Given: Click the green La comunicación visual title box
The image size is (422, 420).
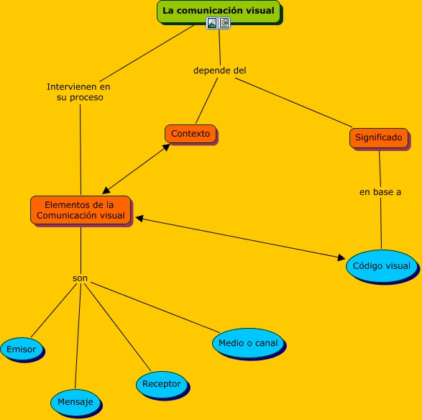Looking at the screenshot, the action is tap(219, 12).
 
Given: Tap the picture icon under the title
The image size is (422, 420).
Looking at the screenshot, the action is tap(212, 23).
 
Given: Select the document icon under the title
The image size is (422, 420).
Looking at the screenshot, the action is tap(224, 23).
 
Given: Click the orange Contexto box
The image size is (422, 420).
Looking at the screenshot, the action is tap(191, 134).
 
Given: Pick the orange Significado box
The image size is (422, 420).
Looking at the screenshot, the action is tap(379, 137).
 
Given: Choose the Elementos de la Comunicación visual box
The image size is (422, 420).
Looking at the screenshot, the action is tap(81, 210).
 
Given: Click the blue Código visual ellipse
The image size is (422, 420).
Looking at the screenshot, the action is tap(381, 266).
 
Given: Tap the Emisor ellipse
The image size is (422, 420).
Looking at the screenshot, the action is tap(22, 349).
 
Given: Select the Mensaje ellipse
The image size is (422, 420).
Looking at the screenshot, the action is tap(75, 402).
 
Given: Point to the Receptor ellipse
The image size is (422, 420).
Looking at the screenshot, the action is tap(162, 384).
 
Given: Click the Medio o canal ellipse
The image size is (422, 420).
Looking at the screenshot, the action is tap(248, 343).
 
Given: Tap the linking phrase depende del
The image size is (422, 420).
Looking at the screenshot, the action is tap(219, 70).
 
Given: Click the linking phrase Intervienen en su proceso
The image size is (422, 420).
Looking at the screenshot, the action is tap(79, 92).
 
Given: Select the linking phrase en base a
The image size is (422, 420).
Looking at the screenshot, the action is tap(380, 192).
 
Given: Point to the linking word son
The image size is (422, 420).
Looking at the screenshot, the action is tap(80, 278).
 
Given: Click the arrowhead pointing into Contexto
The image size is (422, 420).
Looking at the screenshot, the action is tap(166, 147).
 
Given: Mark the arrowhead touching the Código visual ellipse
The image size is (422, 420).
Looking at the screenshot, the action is tap(341, 258).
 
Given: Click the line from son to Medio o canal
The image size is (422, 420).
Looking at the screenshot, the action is tap(155, 307).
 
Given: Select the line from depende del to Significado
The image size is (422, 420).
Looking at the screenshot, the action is tap(293, 103).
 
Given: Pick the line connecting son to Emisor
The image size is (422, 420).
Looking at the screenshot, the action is tap(54, 310).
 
